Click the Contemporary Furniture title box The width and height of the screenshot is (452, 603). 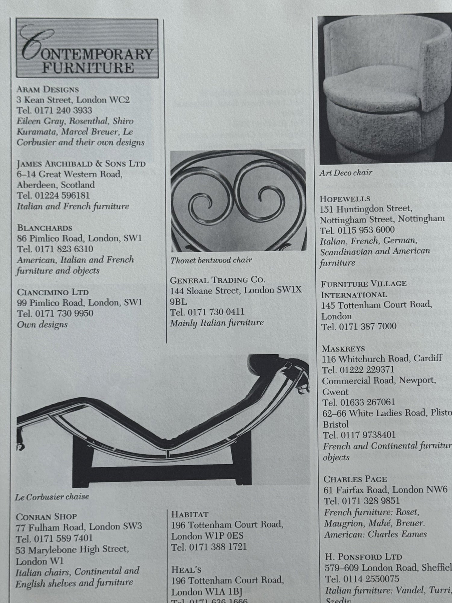point(87,48)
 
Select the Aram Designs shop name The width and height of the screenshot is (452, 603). point(48,90)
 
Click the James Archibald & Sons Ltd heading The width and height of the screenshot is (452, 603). point(81,164)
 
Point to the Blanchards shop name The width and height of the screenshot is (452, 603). point(45,228)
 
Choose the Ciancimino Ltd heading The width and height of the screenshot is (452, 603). point(53,292)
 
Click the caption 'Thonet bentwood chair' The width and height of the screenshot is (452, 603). point(211,260)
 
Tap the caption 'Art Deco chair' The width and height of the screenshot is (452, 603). point(346,173)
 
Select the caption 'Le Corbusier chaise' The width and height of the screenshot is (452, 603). point(52,497)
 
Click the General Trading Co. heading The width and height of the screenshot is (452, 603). point(217,280)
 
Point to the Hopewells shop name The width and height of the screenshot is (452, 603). point(345,199)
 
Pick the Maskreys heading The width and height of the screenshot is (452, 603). point(343,349)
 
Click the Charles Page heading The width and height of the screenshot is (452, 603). point(355,479)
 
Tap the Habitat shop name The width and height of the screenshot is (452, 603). point(190,514)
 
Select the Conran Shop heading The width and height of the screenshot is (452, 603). point(46,516)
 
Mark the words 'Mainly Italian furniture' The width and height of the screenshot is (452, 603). point(217,323)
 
